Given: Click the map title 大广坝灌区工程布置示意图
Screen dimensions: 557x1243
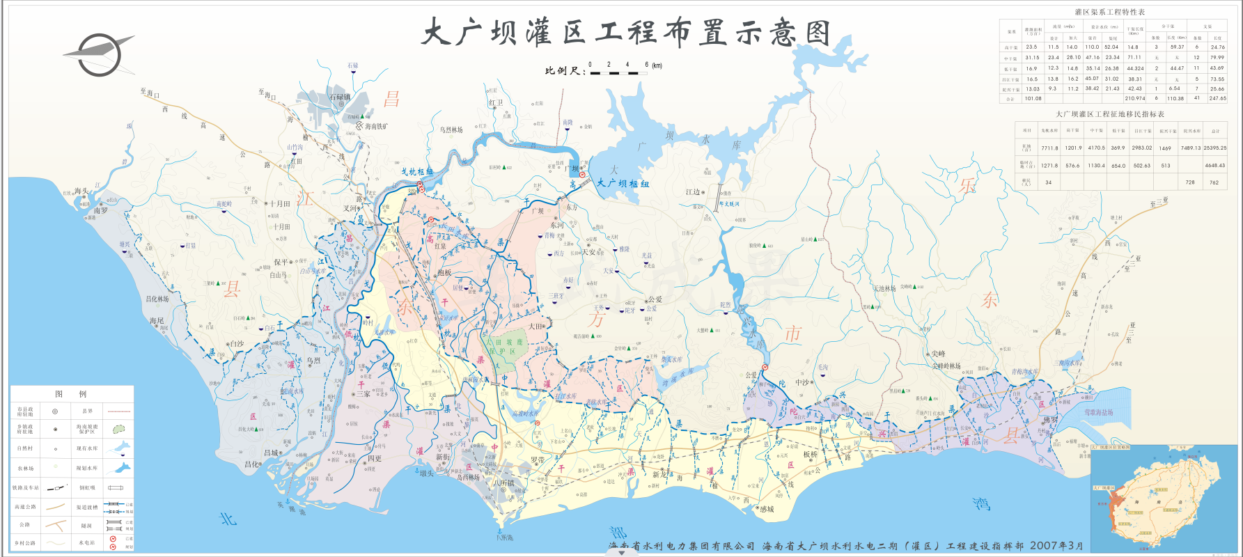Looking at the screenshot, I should point(626,32).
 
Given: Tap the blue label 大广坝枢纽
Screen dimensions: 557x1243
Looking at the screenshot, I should point(623,184).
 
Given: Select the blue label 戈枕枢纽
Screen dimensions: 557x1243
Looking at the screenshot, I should point(416,171).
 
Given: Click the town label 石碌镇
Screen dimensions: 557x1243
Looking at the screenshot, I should point(340,97).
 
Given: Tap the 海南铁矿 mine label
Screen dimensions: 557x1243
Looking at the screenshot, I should point(377,127).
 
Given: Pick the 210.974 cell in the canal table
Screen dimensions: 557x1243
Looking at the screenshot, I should point(1134,99).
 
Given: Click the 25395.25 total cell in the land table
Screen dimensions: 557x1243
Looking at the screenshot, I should point(1214,148).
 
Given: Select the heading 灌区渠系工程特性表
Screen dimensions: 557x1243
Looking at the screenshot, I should point(1109,13).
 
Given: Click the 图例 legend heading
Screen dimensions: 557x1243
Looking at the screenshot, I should point(72,394).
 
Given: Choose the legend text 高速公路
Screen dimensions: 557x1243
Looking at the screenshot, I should point(25,507).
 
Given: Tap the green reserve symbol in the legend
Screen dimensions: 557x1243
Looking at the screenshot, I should point(119,429).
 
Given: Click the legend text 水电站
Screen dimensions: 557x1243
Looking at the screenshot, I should point(86,543).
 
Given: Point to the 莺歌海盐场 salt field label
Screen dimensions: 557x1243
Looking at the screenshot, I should point(1097,413).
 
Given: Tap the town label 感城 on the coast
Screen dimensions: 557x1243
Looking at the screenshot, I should point(766,510).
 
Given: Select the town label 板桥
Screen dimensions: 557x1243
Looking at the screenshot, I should point(811,455).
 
